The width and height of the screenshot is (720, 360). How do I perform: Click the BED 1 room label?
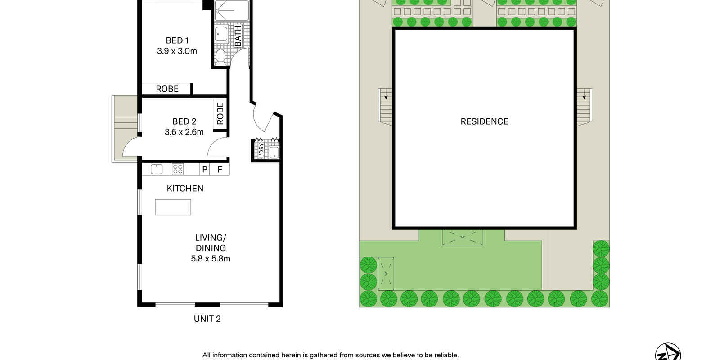tap(177, 40)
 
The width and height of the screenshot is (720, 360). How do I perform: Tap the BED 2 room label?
tap(184, 121)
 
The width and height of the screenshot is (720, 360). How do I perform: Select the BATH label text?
tap(238, 36)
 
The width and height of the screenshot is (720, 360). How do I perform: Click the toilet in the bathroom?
tap(220, 56)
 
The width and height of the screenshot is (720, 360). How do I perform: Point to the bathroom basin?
tap(221, 34)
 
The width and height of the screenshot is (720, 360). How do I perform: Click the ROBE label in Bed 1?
tap(167, 89)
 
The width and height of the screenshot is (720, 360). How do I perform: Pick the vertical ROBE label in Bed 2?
tap(220, 113)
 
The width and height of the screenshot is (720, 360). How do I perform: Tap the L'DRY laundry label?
tap(261, 150)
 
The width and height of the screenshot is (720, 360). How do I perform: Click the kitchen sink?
tap(157, 169)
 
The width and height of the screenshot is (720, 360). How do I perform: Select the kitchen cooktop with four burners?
tap(178, 169)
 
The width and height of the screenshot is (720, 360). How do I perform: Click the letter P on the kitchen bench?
tap(205, 169)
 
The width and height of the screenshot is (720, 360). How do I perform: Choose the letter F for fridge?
tap(220, 169)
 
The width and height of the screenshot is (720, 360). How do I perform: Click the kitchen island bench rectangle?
tap(173, 207)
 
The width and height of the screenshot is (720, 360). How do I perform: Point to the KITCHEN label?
tap(185, 189)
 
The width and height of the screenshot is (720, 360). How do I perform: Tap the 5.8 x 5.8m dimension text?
tap(211, 259)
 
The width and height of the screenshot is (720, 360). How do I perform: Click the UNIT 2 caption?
tap(207, 319)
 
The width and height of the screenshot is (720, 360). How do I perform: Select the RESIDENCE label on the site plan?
tap(484, 121)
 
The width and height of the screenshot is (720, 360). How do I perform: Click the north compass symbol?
tap(668, 353)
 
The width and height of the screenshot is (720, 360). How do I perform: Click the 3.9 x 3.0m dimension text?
tap(177, 51)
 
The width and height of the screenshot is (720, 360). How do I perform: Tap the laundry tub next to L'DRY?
tap(274, 152)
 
